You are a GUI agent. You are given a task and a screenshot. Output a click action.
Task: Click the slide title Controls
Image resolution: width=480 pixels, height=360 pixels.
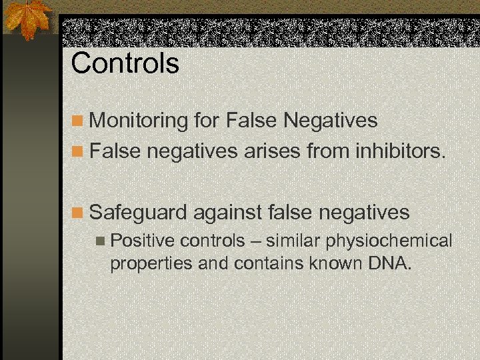coord(125,64)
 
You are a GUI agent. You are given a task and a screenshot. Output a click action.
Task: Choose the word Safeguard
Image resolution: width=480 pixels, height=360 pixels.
coord(138,213)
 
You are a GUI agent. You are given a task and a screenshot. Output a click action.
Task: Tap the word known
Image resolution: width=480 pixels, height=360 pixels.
coord(335,263)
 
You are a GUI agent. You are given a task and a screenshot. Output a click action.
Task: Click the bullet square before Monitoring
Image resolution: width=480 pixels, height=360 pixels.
coord(78,121)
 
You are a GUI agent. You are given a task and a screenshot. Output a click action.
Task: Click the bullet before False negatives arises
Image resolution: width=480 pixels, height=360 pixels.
coord(78,152)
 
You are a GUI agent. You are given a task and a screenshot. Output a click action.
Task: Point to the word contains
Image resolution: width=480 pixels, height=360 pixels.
coord(268,263)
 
